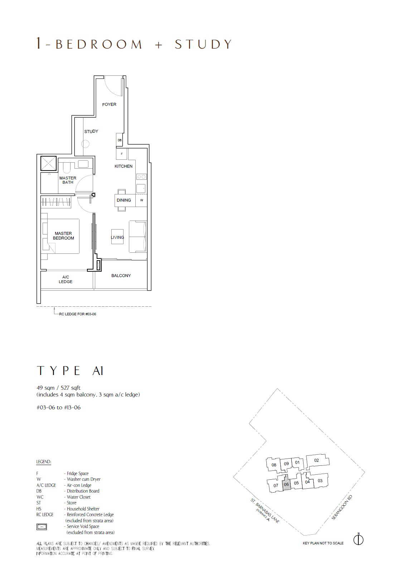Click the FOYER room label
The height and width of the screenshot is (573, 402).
pos(109,104)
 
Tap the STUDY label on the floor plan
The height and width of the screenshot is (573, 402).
pos(91,131)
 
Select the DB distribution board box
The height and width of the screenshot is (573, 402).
pos(120,140)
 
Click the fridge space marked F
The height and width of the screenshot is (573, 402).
pos(122,154)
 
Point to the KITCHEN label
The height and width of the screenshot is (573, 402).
pos(123,166)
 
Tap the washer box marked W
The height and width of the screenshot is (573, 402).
pos(141,200)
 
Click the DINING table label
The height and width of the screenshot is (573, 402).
pos(124,200)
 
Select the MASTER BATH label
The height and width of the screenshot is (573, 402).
pos(68,180)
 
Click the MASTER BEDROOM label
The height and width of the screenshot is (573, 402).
pos(63,236)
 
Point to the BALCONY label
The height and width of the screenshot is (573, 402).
pos(121,276)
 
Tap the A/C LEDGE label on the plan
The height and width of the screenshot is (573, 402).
pos(66,279)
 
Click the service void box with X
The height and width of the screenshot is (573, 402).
pos(48,163)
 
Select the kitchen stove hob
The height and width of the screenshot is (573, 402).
pos(141,177)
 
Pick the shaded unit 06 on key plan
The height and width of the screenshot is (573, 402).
pos(286,484)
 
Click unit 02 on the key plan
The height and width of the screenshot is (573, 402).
pos(317,460)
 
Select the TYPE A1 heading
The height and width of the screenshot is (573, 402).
pos(70,371)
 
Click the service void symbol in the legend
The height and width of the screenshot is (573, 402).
pos(42,527)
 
